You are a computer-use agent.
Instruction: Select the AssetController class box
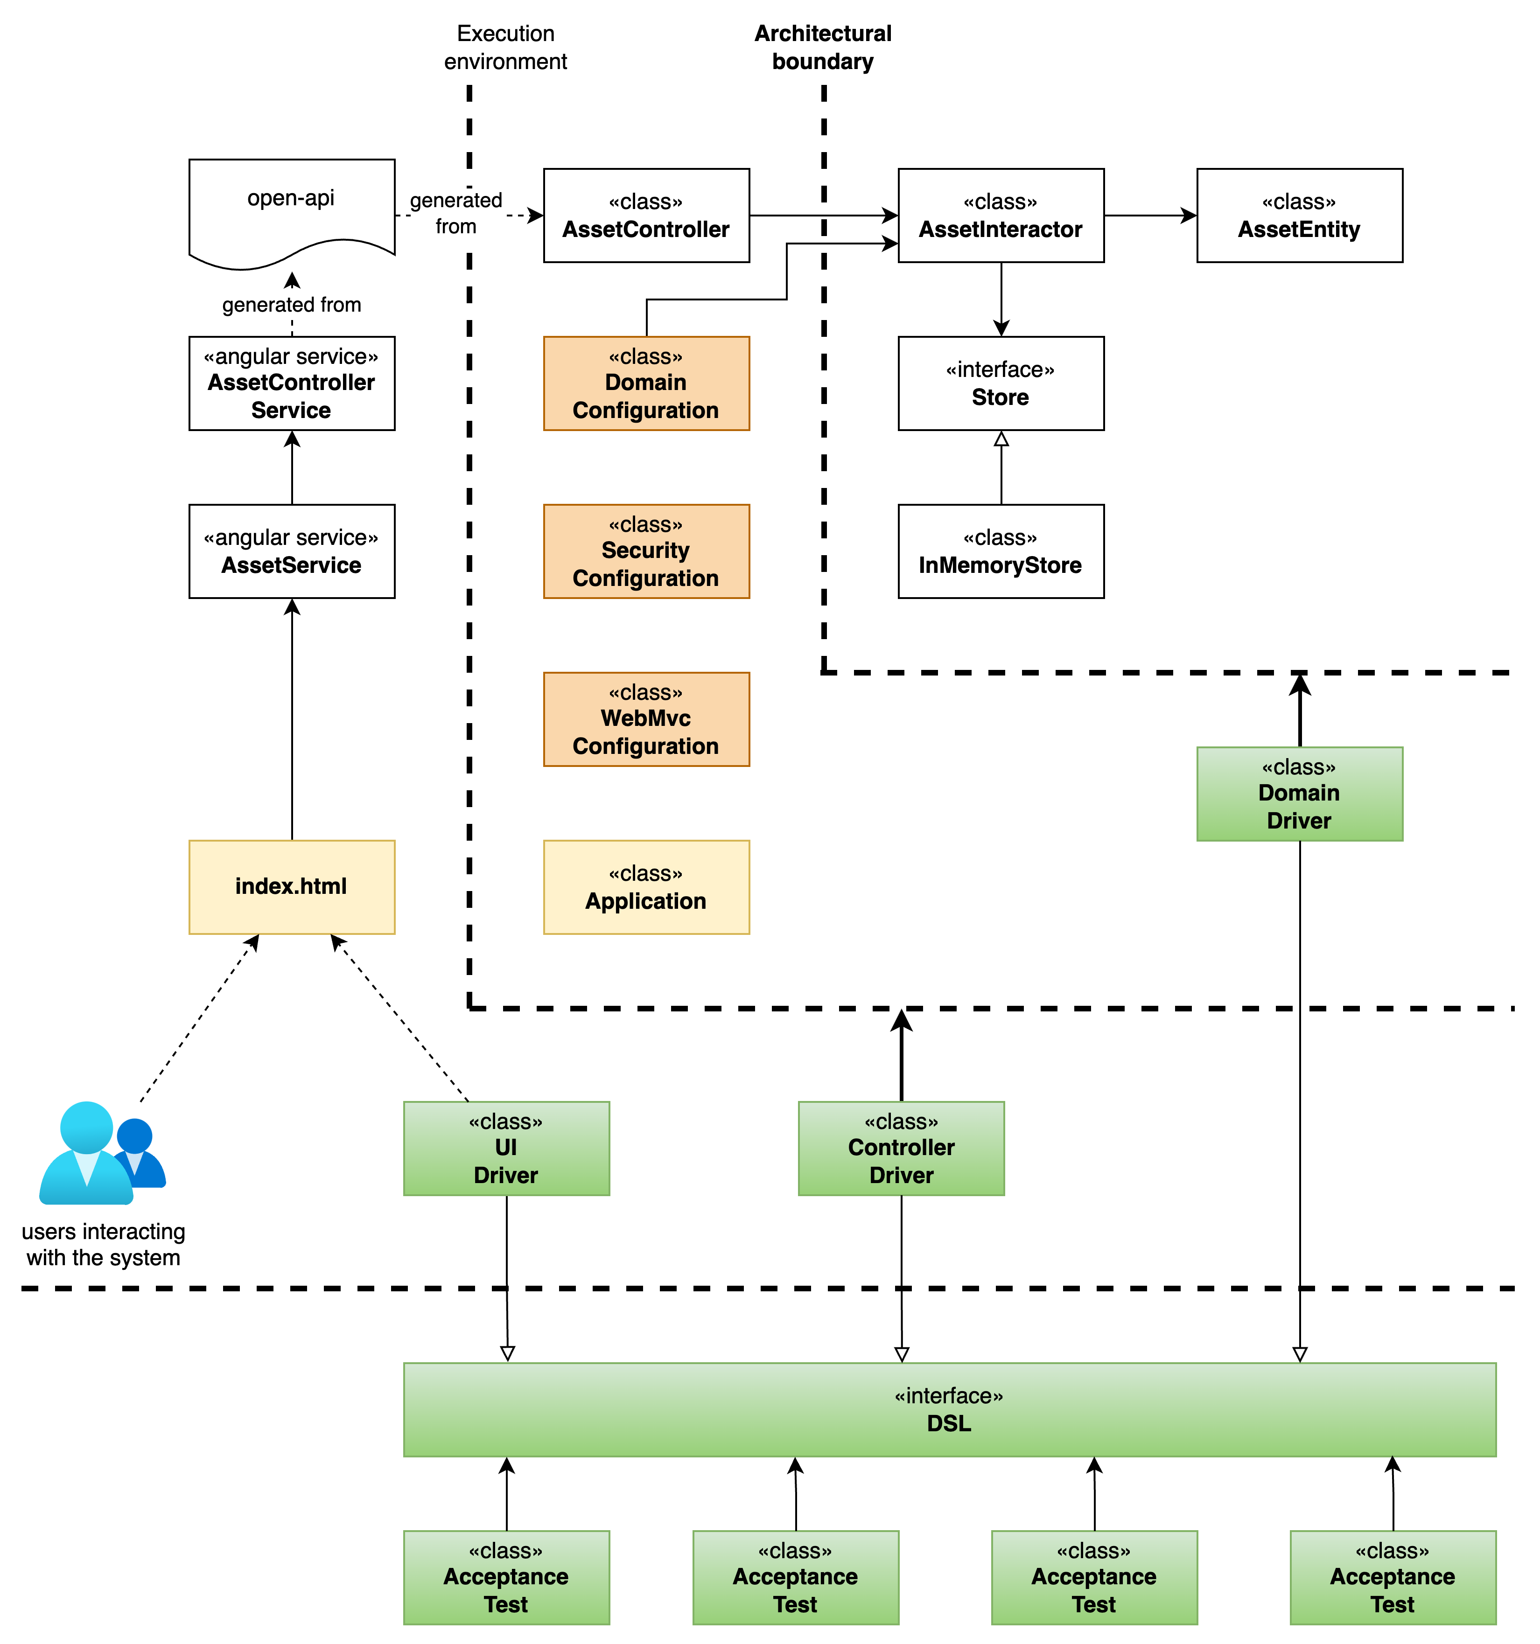(646, 216)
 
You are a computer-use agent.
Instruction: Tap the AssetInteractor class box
(1001, 216)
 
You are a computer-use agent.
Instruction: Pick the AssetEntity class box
(1299, 216)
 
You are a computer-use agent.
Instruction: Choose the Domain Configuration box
(646, 384)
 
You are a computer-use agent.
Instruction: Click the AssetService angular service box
(291, 551)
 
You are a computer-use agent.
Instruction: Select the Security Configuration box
(646, 551)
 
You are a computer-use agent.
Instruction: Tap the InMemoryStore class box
(1001, 551)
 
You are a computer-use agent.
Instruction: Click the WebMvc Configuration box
(646, 719)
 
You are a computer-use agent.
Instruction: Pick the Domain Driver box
(1299, 794)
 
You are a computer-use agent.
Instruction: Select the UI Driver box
(506, 1149)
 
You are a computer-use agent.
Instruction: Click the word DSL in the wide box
(949, 1423)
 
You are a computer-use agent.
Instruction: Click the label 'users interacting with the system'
(104, 1245)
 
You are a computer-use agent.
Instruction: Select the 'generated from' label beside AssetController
(456, 213)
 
